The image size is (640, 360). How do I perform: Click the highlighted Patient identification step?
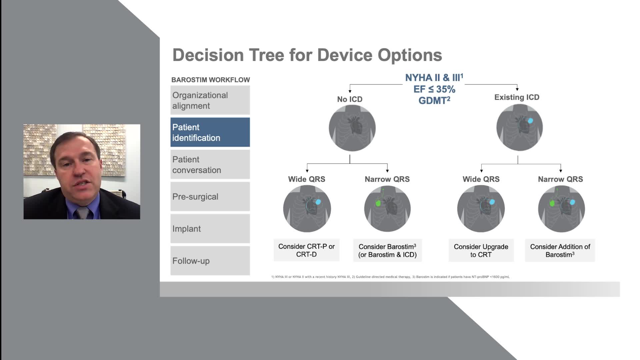coord(210,132)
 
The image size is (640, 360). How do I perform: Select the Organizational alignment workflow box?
coord(210,100)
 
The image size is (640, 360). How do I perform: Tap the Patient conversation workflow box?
coord(210,164)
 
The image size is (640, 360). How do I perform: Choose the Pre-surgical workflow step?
coord(210,196)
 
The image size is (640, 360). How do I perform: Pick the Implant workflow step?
coord(210,229)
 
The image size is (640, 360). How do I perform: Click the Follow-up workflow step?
coord(210,261)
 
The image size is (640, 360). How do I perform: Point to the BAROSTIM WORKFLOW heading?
coord(211,80)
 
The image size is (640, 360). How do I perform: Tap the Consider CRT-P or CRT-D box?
coord(307,250)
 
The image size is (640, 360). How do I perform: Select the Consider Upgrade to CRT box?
coord(481,250)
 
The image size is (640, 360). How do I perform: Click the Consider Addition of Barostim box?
coord(560,250)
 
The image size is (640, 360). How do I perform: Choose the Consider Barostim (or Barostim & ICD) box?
coord(387,250)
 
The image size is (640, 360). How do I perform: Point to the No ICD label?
coord(350,99)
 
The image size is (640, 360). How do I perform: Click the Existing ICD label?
coord(517,97)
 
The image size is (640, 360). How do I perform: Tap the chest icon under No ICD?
coord(352,128)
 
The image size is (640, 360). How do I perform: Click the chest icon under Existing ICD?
coord(520,127)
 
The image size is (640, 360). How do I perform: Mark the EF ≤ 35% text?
coord(434,89)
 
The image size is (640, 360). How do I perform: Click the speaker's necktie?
coord(82,213)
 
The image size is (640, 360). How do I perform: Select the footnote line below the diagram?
coord(390,277)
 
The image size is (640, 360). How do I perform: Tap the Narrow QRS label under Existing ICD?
coord(560,179)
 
